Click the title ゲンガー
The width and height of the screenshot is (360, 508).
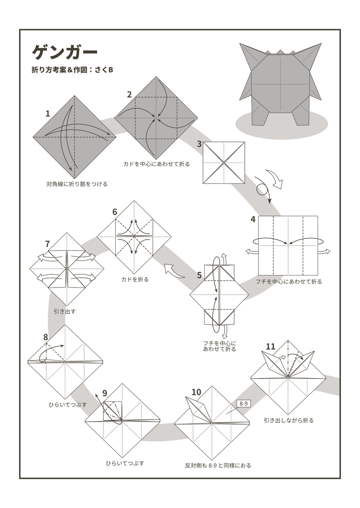pyautogui.click(x=64, y=52)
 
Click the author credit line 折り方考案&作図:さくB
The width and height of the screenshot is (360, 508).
pyautogui.click(x=72, y=70)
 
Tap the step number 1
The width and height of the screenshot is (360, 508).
pyautogui.click(x=48, y=113)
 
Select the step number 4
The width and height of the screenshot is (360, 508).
pyautogui.click(x=253, y=219)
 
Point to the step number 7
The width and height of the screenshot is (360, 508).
pyautogui.click(x=47, y=244)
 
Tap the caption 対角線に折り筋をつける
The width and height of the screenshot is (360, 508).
pyautogui.click(x=77, y=184)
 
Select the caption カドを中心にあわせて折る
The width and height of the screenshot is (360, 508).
pyautogui.click(x=156, y=164)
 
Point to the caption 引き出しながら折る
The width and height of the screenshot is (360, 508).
pyautogui.click(x=288, y=420)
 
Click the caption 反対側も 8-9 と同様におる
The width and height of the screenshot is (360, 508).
pyautogui.click(x=218, y=465)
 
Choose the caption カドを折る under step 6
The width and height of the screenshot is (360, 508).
pyautogui.click(x=135, y=279)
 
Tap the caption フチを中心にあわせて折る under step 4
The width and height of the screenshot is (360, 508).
pyautogui.click(x=288, y=282)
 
